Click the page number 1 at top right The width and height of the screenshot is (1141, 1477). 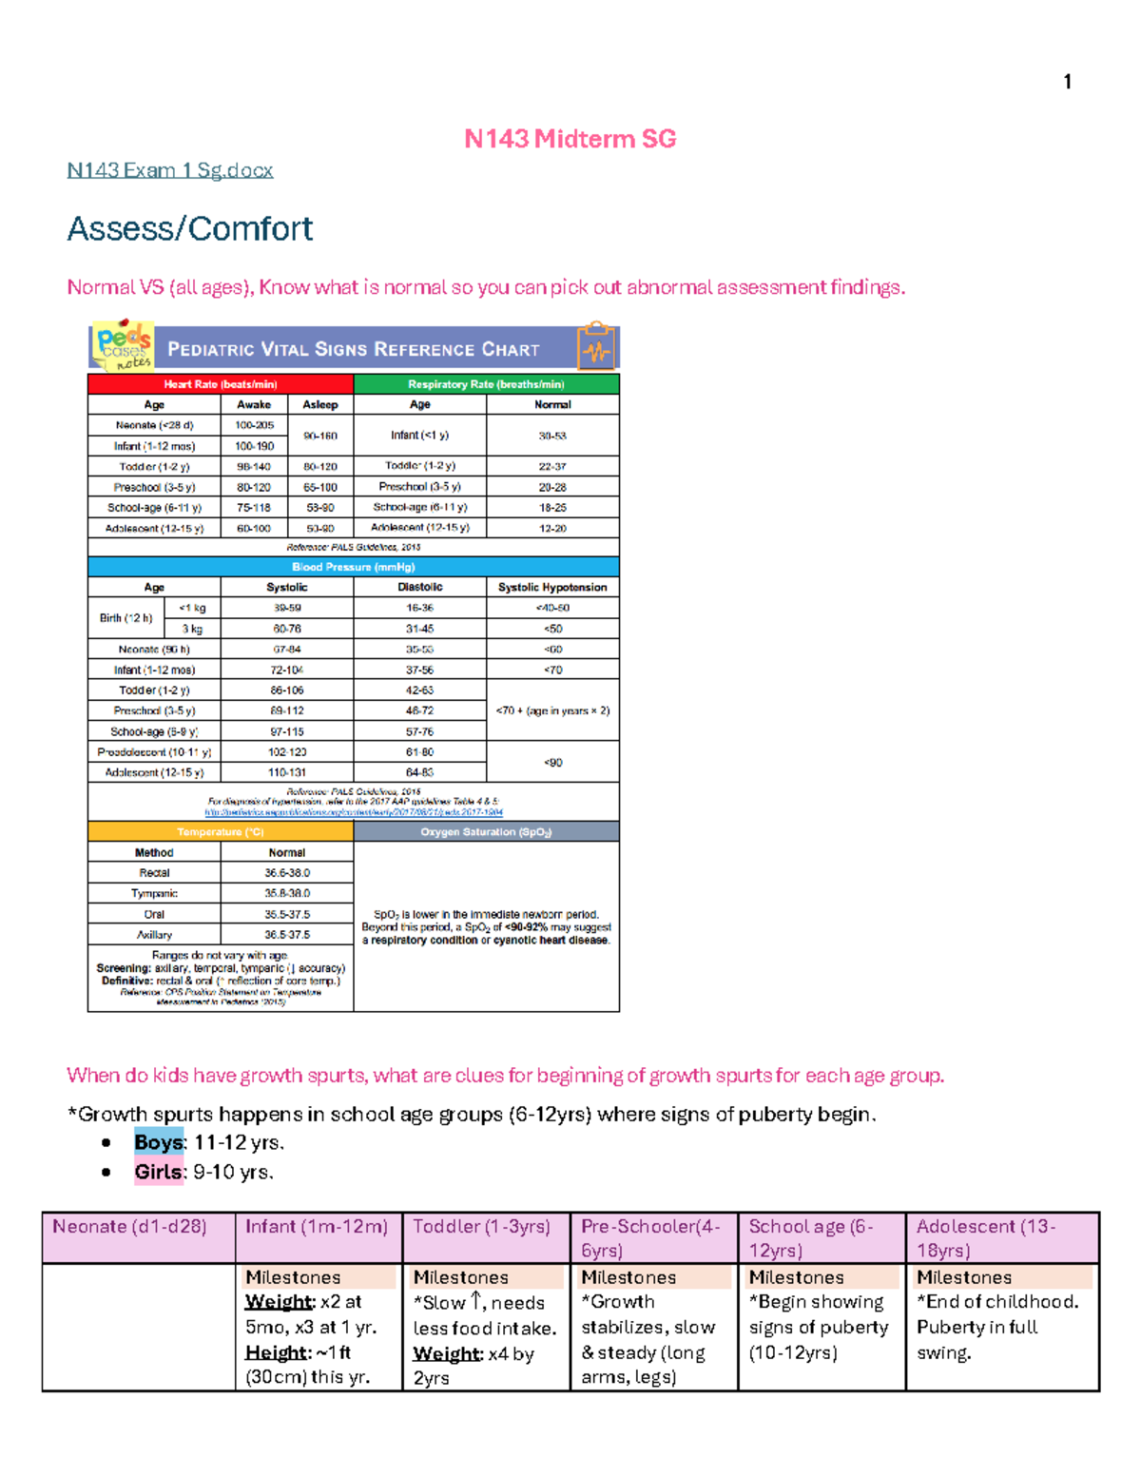coord(1067,82)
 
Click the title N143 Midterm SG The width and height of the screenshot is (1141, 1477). coord(570,139)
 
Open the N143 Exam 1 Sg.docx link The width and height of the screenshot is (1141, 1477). coord(169,170)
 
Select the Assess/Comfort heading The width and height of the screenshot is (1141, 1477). coord(189,228)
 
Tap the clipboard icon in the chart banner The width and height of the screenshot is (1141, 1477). coord(597,347)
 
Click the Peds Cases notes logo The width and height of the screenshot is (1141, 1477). coord(122,347)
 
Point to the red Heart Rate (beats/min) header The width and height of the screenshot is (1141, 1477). coord(220,384)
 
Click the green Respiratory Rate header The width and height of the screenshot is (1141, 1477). coord(486,384)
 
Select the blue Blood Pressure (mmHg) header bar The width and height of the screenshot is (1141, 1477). coord(353,567)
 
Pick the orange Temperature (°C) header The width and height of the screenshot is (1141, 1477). coord(220,832)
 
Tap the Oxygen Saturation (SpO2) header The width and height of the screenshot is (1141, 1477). coord(486,832)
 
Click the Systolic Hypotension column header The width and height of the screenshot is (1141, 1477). coord(551,588)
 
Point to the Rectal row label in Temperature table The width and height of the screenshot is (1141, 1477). coord(154,873)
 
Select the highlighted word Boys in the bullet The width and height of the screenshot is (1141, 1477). coord(159,1142)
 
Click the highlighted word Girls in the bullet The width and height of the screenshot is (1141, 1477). coord(159,1172)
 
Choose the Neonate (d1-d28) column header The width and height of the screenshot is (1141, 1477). coord(129,1227)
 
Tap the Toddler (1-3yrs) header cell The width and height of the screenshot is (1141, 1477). coord(481,1227)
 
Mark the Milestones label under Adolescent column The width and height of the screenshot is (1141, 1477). coord(964,1277)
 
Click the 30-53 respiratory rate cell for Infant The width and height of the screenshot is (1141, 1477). coord(551,436)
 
